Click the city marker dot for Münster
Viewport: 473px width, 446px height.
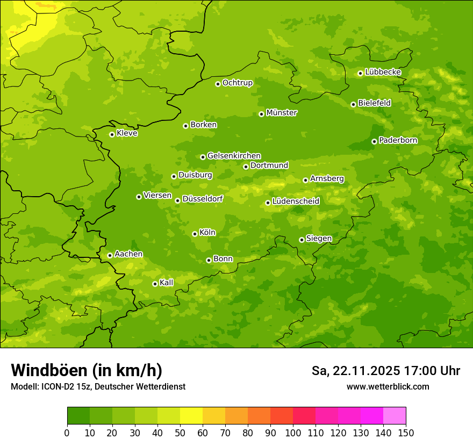(x=262, y=114)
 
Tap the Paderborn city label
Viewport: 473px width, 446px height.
(x=398, y=140)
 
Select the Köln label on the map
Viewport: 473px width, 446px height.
(x=207, y=233)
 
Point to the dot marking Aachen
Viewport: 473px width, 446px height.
(x=110, y=255)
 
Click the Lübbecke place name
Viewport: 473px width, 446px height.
(x=383, y=72)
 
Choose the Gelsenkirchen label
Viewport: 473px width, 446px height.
(x=234, y=156)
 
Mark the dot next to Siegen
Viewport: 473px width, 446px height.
(x=302, y=240)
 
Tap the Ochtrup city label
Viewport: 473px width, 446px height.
(x=237, y=83)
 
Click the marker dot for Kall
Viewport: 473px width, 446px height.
(x=155, y=284)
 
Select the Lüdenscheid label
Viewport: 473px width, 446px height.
(x=296, y=202)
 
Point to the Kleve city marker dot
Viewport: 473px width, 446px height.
(x=112, y=134)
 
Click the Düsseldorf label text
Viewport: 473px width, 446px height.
(x=203, y=199)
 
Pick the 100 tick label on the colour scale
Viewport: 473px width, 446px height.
(x=293, y=433)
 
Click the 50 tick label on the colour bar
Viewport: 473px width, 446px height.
(x=180, y=433)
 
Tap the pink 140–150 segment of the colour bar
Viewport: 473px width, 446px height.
(x=395, y=416)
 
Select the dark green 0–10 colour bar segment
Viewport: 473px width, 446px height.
(x=78, y=416)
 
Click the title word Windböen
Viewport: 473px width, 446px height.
(x=49, y=370)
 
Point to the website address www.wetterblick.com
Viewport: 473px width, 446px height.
(x=388, y=386)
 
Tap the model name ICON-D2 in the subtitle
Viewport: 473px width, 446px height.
(x=59, y=386)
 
